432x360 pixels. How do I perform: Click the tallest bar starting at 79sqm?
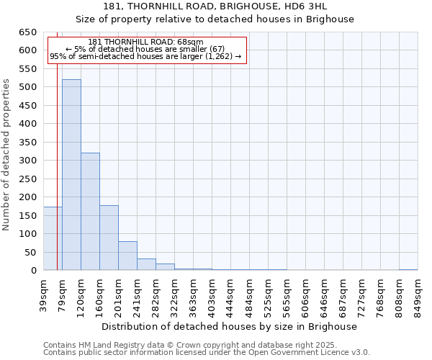pos(71,175)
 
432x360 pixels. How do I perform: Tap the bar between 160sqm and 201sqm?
pos(109,238)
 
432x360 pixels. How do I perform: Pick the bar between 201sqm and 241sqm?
pos(127,256)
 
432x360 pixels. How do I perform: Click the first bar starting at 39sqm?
pos(53,238)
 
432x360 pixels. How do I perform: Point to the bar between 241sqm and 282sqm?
pos(146,264)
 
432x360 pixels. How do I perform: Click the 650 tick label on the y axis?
pos(27,32)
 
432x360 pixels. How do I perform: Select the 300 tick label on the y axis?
pos(27,161)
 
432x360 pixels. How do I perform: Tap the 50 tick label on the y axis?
pos(30,253)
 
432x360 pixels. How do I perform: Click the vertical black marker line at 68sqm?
pos(57,180)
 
